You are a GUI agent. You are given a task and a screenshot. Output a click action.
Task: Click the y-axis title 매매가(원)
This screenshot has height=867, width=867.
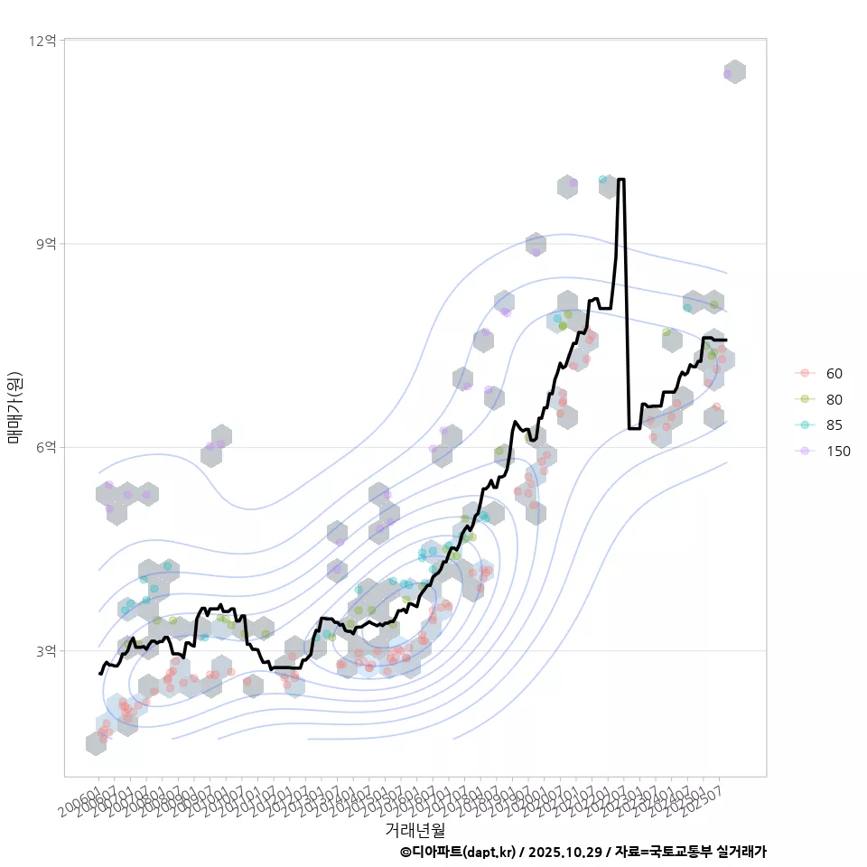point(15,407)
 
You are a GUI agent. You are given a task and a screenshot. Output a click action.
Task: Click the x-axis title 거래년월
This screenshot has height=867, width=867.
point(415,828)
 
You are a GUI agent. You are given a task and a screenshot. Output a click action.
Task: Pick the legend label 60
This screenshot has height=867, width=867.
point(834,374)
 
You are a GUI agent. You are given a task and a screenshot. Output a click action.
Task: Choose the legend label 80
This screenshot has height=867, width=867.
point(834,399)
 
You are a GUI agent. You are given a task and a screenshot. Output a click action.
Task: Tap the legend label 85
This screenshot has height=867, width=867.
point(834,425)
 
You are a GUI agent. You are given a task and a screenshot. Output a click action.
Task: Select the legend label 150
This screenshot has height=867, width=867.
point(838,452)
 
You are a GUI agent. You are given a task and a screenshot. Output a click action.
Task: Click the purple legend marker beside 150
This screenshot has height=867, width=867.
point(803,452)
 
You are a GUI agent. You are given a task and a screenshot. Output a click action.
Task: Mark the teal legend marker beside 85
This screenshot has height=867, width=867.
point(803,425)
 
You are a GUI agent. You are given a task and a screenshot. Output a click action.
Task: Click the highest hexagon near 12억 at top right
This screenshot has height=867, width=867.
point(735,72)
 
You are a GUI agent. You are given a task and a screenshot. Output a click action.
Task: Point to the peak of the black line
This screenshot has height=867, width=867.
point(620,180)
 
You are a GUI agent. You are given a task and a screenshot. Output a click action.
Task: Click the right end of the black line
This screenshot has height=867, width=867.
point(725,340)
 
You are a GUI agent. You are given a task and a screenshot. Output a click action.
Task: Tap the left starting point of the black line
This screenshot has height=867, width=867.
point(100,673)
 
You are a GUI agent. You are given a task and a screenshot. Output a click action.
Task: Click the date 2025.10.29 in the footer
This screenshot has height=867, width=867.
point(565,852)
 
